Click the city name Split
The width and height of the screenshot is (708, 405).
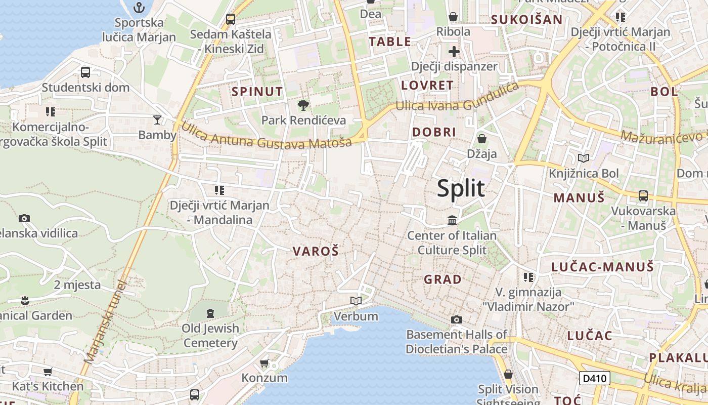click(x=461, y=188)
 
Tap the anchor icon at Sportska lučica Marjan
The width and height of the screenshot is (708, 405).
click(x=139, y=8)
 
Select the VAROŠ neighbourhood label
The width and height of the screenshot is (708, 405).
click(x=316, y=251)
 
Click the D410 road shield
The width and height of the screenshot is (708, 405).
click(x=594, y=378)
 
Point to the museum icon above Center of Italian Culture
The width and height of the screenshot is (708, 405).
click(x=452, y=220)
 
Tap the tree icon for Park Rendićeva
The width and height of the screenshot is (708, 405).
click(x=303, y=105)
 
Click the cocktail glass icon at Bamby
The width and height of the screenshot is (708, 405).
click(x=157, y=120)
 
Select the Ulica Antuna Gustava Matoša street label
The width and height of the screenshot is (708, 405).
click(x=266, y=136)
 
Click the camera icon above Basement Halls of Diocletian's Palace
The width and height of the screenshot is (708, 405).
click(x=456, y=319)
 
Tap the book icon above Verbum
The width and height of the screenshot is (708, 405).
click(x=356, y=301)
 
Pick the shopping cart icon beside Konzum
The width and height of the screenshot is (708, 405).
click(x=264, y=363)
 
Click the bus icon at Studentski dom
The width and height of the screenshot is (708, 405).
click(x=85, y=72)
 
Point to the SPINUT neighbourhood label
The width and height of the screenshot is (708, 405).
click(x=257, y=92)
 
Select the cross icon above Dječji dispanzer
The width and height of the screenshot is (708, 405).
click(x=454, y=51)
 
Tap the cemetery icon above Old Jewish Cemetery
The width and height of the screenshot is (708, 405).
click(x=210, y=312)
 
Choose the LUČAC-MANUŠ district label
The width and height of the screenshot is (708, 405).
click(x=602, y=267)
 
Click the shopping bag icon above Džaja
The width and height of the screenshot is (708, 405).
click(x=481, y=138)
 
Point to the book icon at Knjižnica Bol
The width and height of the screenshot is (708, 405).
click(x=584, y=158)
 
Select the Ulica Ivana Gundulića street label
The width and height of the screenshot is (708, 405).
click(x=457, y=98)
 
